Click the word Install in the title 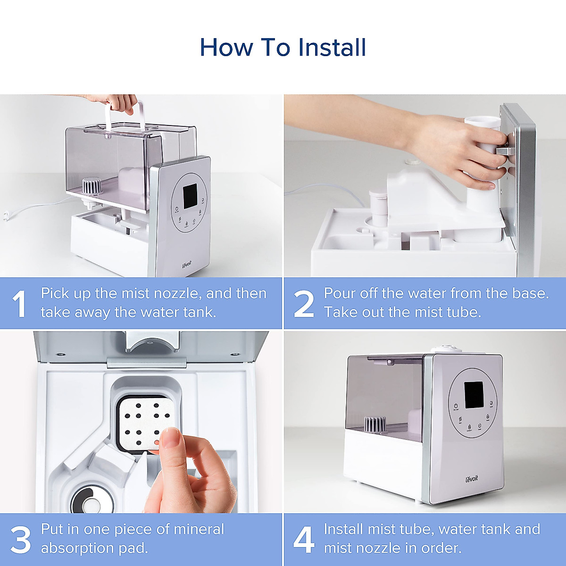click(332, 47)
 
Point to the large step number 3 click(21, 540)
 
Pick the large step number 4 click(304, 540)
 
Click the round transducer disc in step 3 click(89, 499)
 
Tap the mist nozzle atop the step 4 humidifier click(443, 350)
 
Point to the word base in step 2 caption click(529, 293)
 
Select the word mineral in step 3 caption click(199, 530)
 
